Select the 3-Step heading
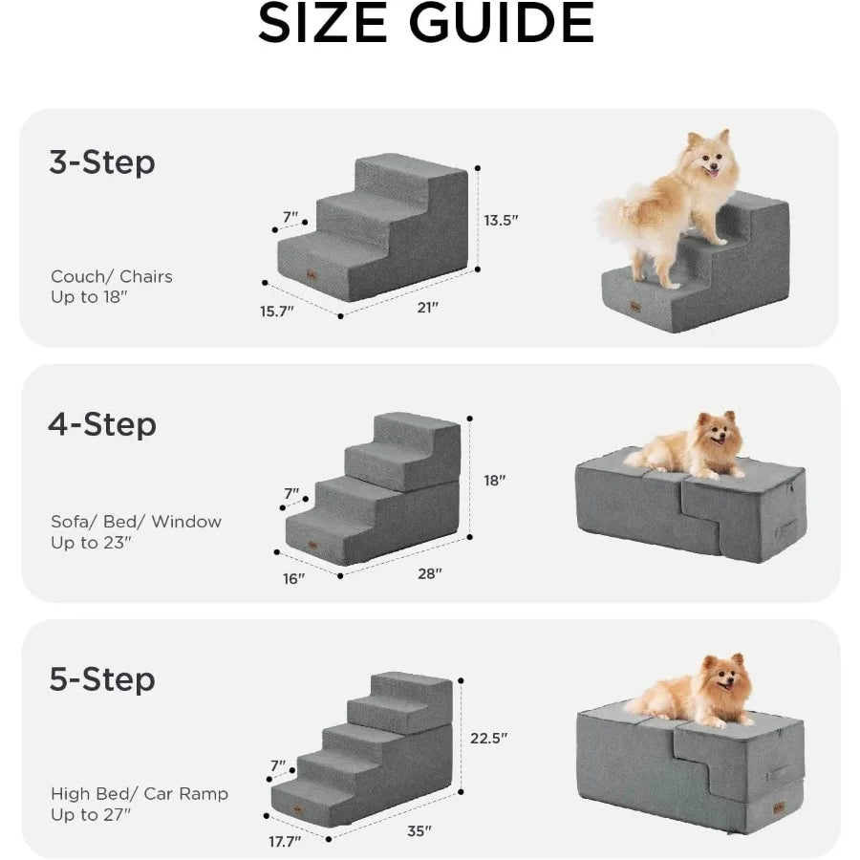pos(101,162)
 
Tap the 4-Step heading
pos(101,423)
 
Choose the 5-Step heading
pos(101,679)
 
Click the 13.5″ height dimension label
pos(501,220)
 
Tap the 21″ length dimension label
pos(427,308)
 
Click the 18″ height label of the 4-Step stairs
pos(493,481)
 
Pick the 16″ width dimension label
pos(294,578)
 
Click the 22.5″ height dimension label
pos(489,738)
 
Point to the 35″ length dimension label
pos(419,830)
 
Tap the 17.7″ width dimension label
pos(284,841)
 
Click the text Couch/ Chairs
pos(112,277)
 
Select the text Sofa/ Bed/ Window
pos(136,522)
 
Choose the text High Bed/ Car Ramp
pos(140,794)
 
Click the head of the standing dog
pos(708,157)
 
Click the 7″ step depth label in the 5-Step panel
pos(278,765)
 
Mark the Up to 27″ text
pos(91,815)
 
